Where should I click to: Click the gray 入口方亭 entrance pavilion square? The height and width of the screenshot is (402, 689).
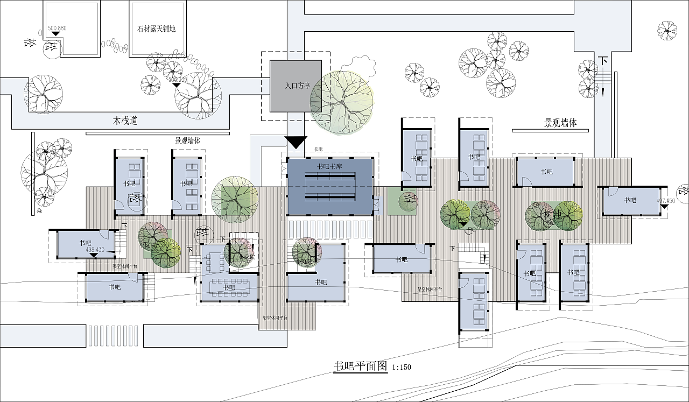[295, 86]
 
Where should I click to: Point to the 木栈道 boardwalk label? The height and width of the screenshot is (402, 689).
[125, 121]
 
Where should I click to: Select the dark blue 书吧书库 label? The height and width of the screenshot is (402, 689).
[330, 166]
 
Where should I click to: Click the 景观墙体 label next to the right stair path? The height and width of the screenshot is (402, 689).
[560, 123]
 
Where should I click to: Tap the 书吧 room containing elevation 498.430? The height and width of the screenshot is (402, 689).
[83, 244]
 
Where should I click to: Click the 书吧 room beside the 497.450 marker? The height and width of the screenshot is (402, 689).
[630, 201]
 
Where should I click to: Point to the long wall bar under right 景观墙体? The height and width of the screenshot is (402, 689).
[546, 130]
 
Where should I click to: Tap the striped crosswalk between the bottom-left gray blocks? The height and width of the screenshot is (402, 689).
[114, 336]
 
